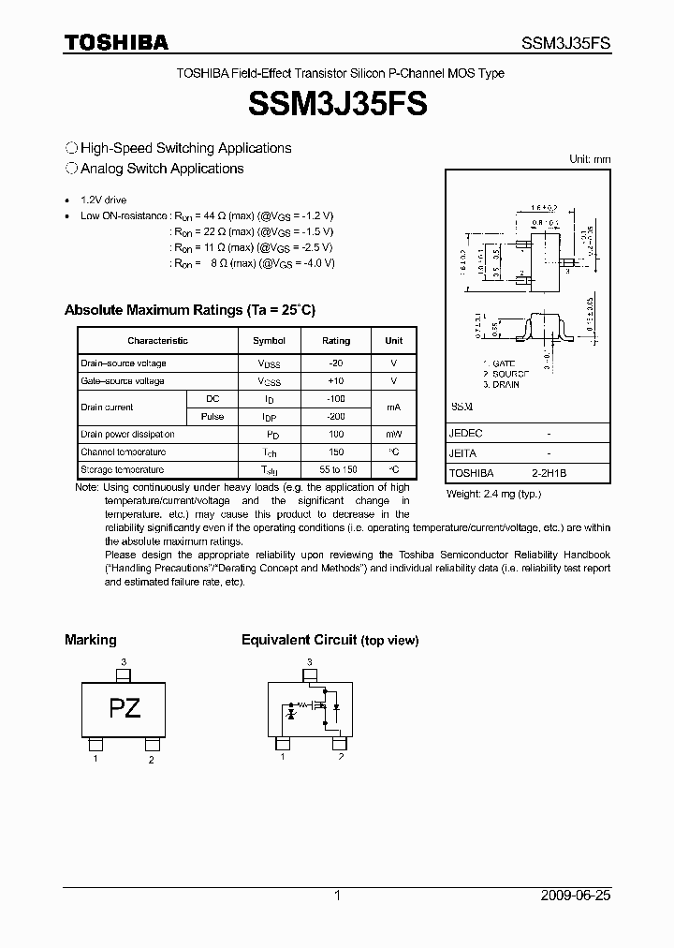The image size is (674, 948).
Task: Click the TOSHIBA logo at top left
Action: pyautogui.click(x=116, y=42)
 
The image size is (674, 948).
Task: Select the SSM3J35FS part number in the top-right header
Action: pyautogui.click(x=565, y=43)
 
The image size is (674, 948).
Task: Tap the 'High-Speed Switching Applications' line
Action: pyautogui.click(x=185, y=148)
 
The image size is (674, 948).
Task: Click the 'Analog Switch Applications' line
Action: pyautogui.click(x=161, y=169)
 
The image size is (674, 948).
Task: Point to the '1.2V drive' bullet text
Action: pyautogui.click(x=103, y=200)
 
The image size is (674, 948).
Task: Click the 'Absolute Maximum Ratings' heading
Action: pyautogui.click(x=189, y=310)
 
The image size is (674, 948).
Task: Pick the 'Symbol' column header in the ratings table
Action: pyautogui.click(x=270, y=341)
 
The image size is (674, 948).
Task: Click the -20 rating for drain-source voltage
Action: pyautogui.click(x=336, y=363)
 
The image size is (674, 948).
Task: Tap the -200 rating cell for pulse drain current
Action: pyautogui.click(x=336, y=417)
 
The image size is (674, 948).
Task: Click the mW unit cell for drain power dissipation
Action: pyautogui.click(x=393, y=435)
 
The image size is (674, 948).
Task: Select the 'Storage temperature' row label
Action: pyautogui.click(x=122, y=470)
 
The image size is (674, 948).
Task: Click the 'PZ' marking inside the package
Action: pyautogui.click(x=125, y=708)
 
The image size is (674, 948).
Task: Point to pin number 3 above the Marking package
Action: pyautogui.click(x=124, y=662)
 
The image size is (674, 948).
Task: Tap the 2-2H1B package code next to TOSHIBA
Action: pyautogui.click(x=549, y=474)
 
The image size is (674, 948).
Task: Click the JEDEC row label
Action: pyautogui.click(x=465, y=435)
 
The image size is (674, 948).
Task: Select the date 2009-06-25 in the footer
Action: pyautogui.click(x=576, y=896)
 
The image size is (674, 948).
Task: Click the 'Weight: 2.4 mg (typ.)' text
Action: pyautogui.click(x=493, y=494)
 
